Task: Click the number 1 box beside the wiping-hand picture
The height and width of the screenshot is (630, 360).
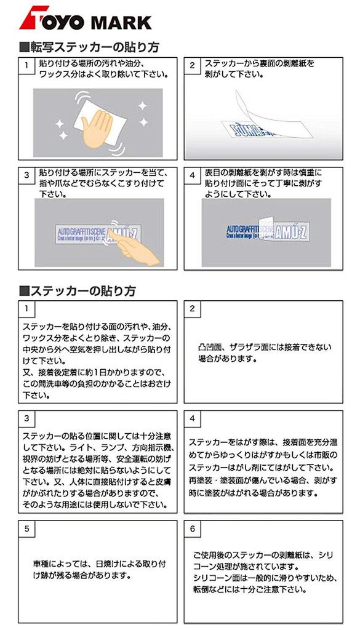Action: (26, 65)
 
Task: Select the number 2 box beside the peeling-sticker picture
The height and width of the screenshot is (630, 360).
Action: (193, 65)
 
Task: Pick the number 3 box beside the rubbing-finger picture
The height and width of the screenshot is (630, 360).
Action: (26, 175)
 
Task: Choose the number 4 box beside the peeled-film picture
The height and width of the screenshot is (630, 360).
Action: (193, 175)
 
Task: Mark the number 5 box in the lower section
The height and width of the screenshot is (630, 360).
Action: (26, 528)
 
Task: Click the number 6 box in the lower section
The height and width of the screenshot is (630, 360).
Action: (193, 528)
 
